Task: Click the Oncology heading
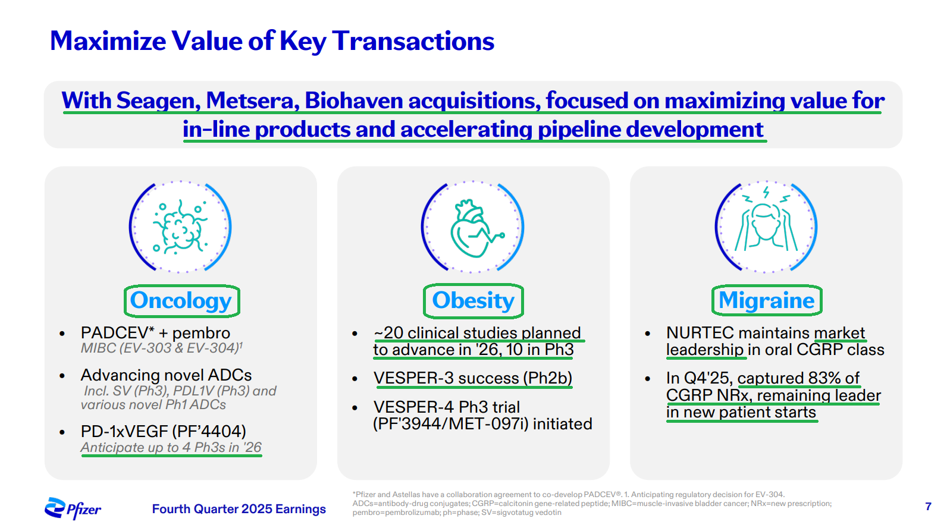coord(181,301)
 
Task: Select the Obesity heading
coord(473,301)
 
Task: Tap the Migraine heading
coord(766,300)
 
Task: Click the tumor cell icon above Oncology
coord(180,227)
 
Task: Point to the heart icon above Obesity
coord(473,227)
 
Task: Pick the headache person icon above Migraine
coord(766,227)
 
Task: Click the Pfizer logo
coord(73,508)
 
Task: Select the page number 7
coord(928,507)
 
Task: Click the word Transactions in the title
coord(413,41)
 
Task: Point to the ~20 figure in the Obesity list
coord(388,332)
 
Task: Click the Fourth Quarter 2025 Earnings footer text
coord(239,509)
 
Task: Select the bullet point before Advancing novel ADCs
coord(62,376)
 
